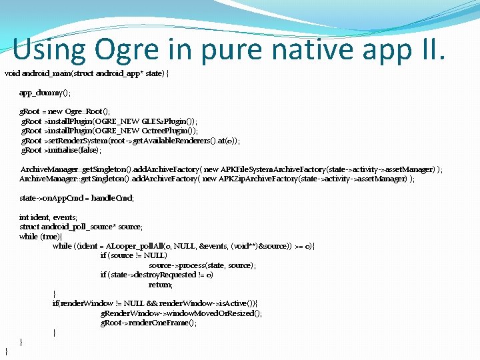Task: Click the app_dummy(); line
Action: coord(45,93)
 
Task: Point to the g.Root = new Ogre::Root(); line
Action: coord(65,111)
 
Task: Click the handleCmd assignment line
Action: coord(77,198)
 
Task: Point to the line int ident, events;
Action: coord(48,217)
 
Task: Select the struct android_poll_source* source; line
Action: coord(81,227)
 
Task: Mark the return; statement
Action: coord(160,285)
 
